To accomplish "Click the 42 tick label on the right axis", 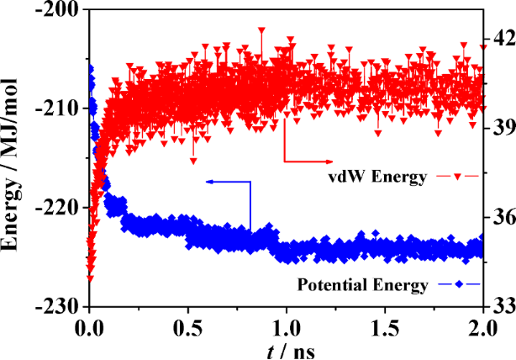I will point(503,40).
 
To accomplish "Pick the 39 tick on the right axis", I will point(503,128).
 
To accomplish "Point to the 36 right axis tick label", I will point(503,216).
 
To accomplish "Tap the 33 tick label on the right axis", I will point(503,305).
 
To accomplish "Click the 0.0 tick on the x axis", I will point(90,325).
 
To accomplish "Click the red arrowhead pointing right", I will point(326,159).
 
